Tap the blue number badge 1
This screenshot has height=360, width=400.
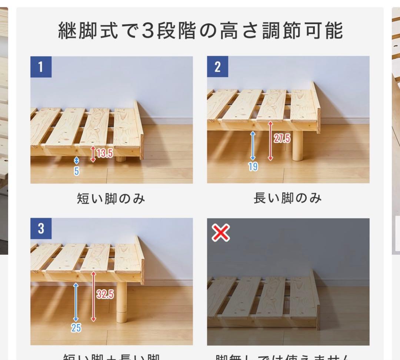coord(41,67)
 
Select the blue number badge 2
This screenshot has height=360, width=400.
coord(217,67)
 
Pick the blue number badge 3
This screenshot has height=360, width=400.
coord(41,229)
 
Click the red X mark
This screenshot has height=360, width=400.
coord(221,233)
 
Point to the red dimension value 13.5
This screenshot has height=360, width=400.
coord(105,153)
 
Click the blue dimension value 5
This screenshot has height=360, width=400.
coord(77,171)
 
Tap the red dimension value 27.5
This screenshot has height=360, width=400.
coord(282,139)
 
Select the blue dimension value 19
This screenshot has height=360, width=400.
coord(253,167)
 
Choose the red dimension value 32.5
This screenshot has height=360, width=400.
coord(105,295)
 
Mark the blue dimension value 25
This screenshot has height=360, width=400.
coord(76,328)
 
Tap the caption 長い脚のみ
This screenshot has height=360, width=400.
coord(287,198)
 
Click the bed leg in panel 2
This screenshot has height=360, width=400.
coord(297,146)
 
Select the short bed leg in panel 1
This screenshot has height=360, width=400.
coord(121,159)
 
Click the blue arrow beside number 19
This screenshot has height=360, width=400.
coord(253,146)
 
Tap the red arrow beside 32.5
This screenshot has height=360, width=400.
coord(93,296)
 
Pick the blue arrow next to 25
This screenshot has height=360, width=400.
coord(76,302)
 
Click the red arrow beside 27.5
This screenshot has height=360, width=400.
coord(270,141)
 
